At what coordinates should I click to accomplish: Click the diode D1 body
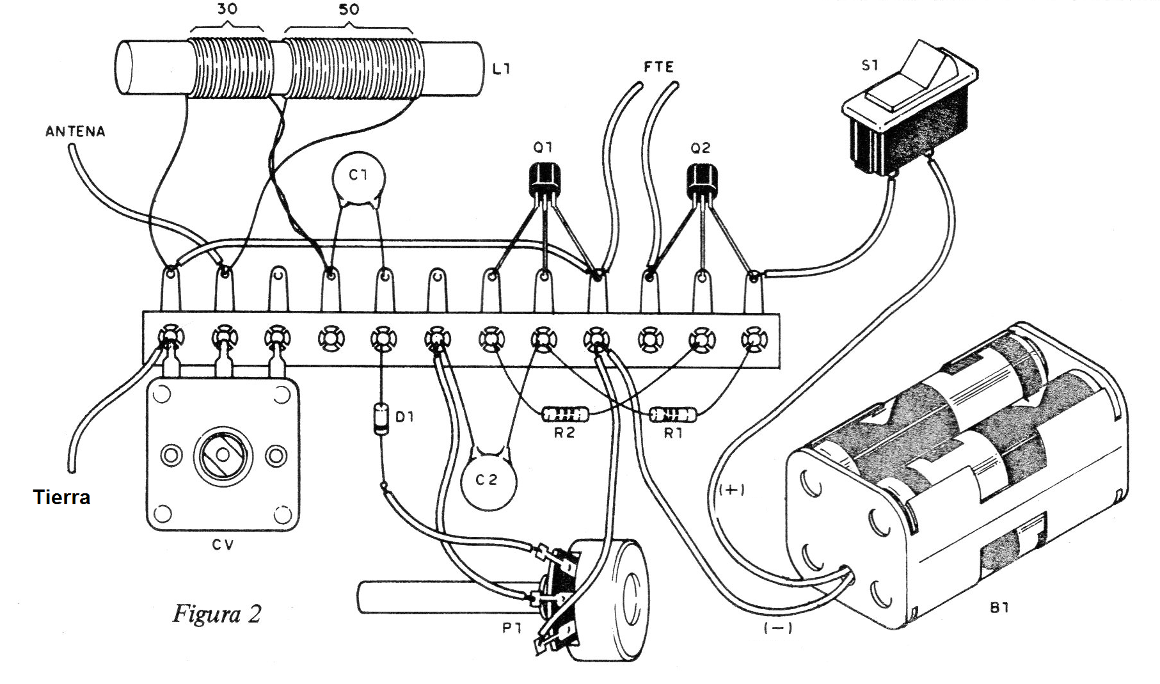coord(382,418)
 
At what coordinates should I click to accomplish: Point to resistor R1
coord(673,415)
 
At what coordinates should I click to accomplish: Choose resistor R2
coord(565,414)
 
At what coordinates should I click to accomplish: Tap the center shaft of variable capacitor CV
coord(223,455)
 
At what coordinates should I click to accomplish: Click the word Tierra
coord(61,498)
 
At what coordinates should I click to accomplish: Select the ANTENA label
coord(75,132)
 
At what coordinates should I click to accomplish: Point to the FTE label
coord(658,67)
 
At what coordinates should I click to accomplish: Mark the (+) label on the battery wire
coord(731,490)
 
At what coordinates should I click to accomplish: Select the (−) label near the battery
coord(778,628)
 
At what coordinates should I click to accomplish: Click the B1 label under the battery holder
coord(999,608)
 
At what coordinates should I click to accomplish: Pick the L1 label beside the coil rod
coord(501,68)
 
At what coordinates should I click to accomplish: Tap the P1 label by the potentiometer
coord(512,628)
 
